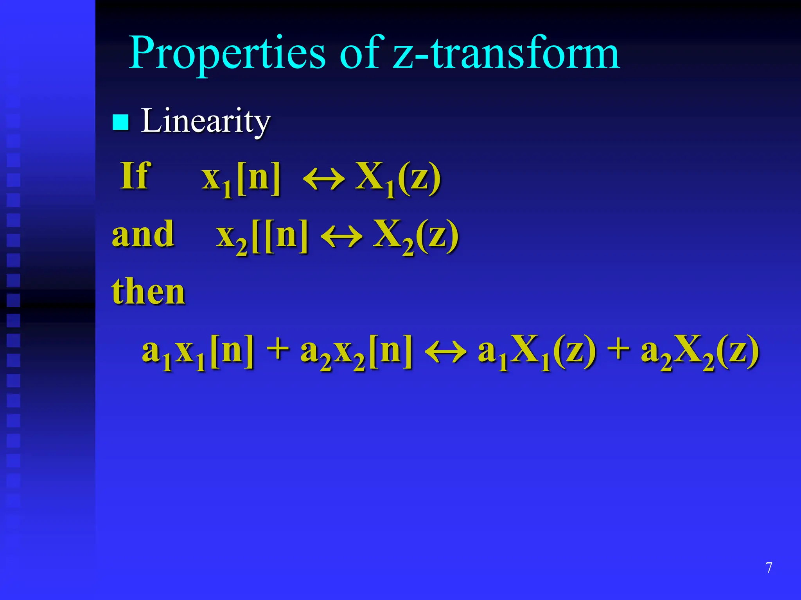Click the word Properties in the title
point(227,53)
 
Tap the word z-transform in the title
point(506,53)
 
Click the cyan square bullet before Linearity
point(120,122)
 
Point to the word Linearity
point(205,121)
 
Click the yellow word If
point(135,176)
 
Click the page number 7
point(769,568)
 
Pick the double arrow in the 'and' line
point(341,237)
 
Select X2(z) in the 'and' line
point(416,236)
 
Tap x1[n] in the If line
point(241,178)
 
